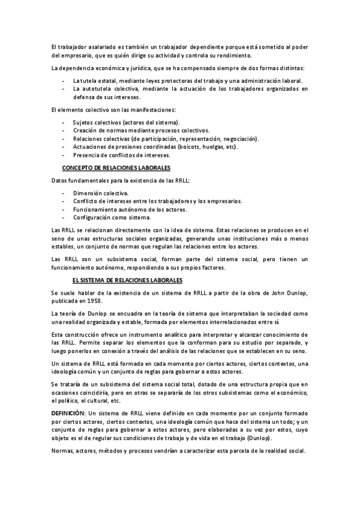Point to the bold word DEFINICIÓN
[68, 414]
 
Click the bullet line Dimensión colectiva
[101, 193]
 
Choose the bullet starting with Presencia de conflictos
[113, 155]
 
